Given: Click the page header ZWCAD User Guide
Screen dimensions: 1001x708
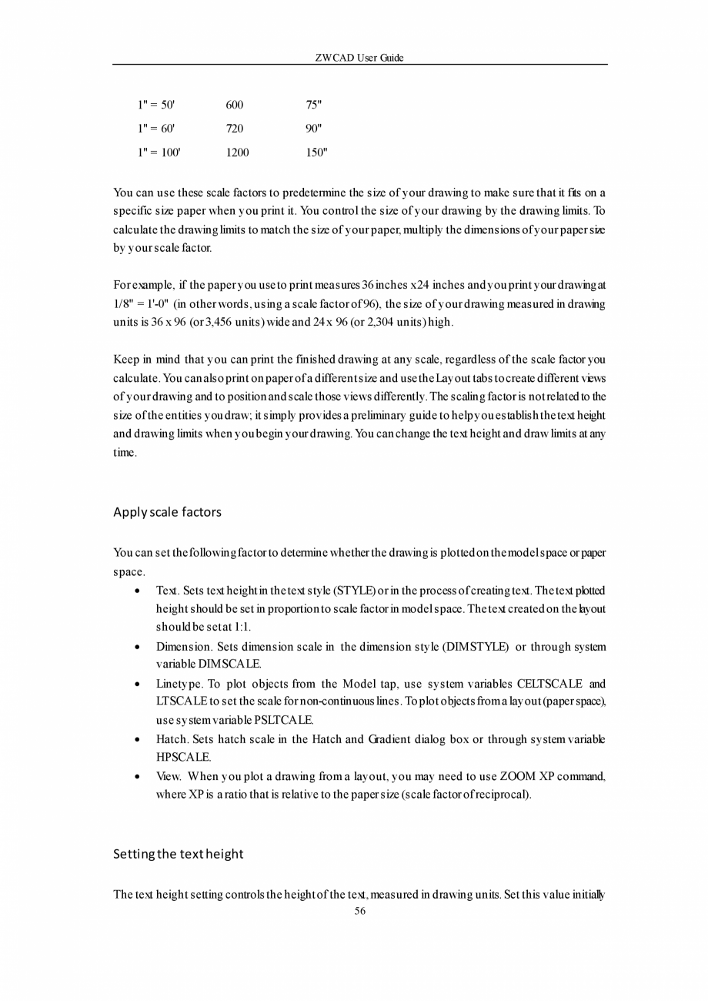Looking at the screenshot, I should pyautogui.click(x=359, y=58).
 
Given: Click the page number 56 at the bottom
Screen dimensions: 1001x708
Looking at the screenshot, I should pyautogui.click(x=359, y=911).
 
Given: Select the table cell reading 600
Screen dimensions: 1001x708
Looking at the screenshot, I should pyautogui.click(x=235, y=105).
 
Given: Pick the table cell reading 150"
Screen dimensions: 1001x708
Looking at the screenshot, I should pyautogui.click(x=316, y=152).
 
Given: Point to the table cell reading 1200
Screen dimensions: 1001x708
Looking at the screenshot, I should pyautogui.click(x=238, y=152).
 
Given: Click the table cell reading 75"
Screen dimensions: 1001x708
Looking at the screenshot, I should pyautogui.click(x=314, y=105).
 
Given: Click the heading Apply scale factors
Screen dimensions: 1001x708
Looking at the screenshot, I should pyautogui.click(x=167, y=512).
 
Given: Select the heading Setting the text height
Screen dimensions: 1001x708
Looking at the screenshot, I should pyautogui.click(x=178, y=854).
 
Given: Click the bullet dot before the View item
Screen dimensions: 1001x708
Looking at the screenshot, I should pyautogui.click(x=136, y=777).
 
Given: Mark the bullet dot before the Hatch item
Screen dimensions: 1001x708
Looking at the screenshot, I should pyautogui.click(x=136, y=740).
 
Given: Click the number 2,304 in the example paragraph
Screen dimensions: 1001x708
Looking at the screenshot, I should pyautogui.click(x=367, y=323).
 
